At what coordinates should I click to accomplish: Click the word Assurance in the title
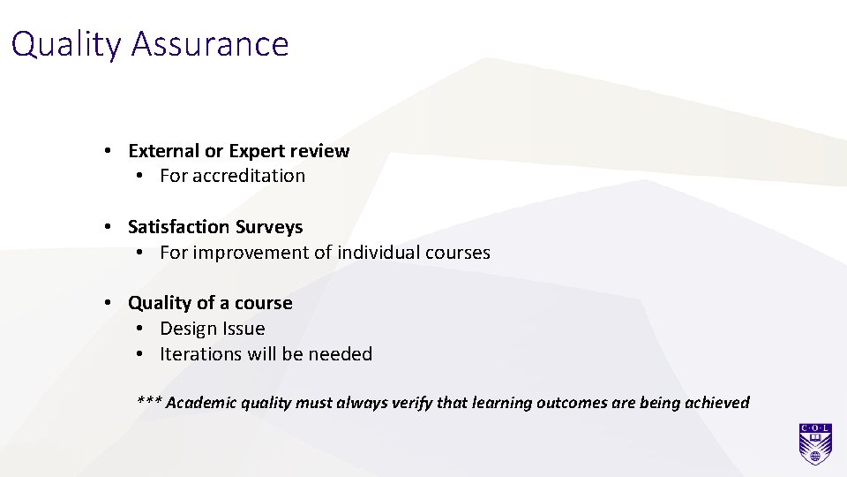[210, 44]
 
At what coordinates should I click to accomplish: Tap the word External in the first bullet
[164, 151]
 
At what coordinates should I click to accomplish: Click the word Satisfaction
[179, 227]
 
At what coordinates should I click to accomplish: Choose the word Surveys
[268, 227]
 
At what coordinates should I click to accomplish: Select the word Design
[187, 329]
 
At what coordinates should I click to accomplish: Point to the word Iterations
[200, 354]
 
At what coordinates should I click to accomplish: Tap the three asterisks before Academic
[148, 403]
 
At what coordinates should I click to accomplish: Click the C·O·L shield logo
[815, 444]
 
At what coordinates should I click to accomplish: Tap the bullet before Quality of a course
[107, 303]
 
